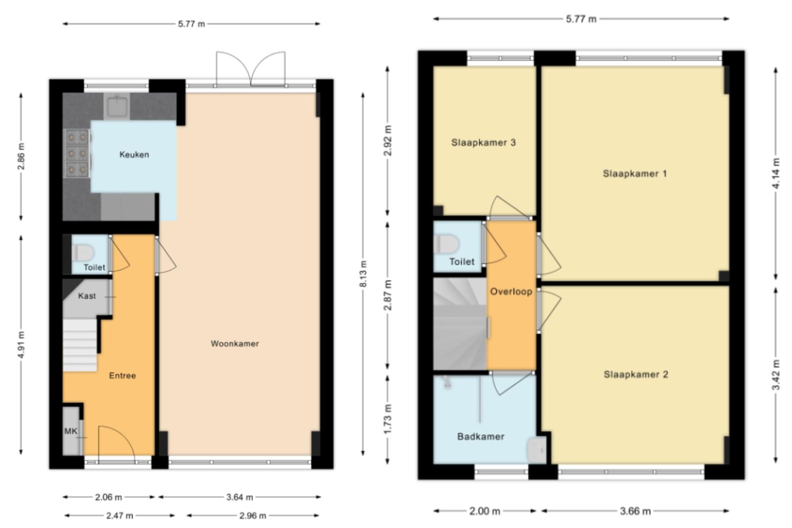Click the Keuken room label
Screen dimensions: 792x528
[x=134, y=154]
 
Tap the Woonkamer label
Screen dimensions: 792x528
[x=235, y=343]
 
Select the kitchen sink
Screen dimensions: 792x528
[x=117, y=106]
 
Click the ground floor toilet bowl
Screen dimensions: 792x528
[x=84, y=253]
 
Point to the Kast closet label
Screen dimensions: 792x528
[x=87, y=296]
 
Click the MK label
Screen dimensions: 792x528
[x=71, y=431]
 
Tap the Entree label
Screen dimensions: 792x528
[x=122, y=376]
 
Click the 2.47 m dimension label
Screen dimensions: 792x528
[x=120, y=516]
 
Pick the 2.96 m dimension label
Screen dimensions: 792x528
[x=252, y=516]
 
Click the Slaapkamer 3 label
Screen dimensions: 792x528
[x=483, y=143]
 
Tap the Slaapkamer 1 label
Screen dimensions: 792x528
[x=635, y=174]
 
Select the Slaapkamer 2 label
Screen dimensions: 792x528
[x=636, y=374]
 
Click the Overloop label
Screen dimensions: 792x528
[x=511, y=291]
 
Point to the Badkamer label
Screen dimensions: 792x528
[x=481, y=436]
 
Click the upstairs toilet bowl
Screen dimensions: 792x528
[x=446, y=244]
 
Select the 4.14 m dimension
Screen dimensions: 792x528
[x=776, y=173]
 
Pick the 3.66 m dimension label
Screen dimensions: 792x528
[x=636, y=511]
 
